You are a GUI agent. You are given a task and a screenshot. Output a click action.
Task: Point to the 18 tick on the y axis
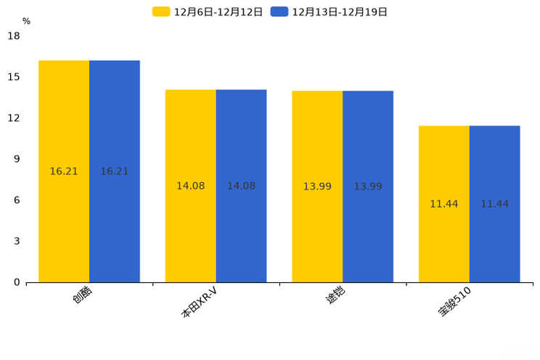14,36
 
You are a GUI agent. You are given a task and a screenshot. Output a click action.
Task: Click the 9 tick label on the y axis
16,159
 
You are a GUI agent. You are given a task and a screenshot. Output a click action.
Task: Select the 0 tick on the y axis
16,282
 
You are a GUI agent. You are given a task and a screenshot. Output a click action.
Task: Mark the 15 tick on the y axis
14,77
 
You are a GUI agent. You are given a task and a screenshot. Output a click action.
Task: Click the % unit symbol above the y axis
26,21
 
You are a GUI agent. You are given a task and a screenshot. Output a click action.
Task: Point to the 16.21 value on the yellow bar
64,172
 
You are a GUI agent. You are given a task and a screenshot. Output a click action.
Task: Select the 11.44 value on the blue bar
495,204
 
